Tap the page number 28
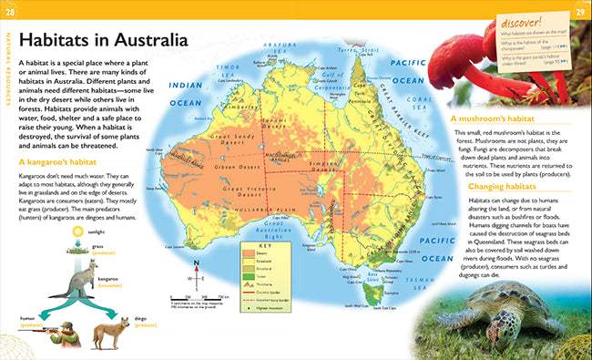coord(10,10)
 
